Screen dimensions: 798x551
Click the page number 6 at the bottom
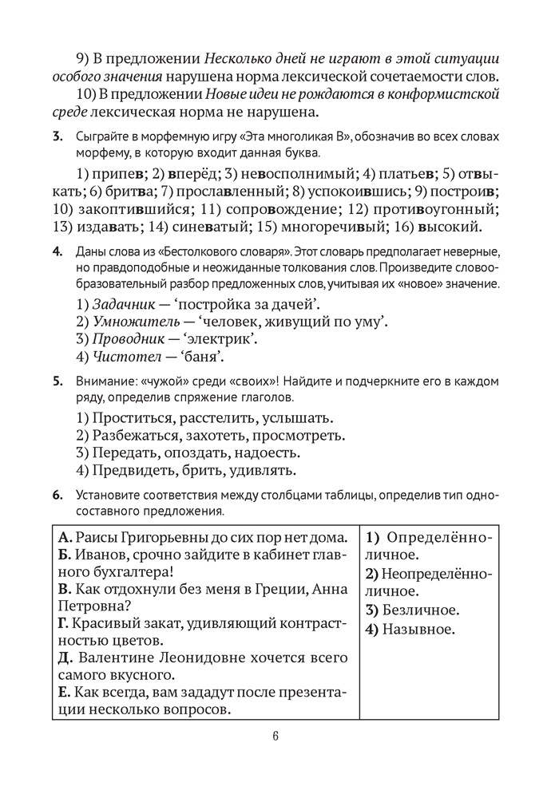275,737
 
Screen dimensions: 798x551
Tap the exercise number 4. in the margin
57,254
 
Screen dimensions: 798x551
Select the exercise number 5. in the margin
57,381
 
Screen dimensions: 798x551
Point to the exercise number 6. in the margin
57,496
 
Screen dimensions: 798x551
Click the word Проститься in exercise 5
131,418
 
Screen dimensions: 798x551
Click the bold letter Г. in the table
64,623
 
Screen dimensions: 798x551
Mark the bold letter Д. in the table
65,658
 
